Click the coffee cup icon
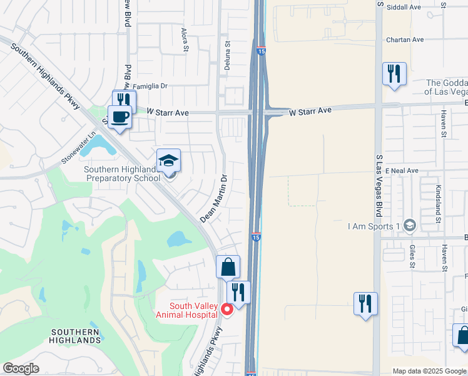pos(120,116)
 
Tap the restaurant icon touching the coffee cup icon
pos(125,100)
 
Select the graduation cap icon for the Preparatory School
pos(169,161)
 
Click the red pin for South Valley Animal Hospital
pos(228,308)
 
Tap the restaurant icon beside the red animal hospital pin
pos(238,293)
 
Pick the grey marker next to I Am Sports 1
pos(409,225)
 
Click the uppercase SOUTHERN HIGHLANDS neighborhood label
pos(75,336)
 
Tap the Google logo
pos(21,368)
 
